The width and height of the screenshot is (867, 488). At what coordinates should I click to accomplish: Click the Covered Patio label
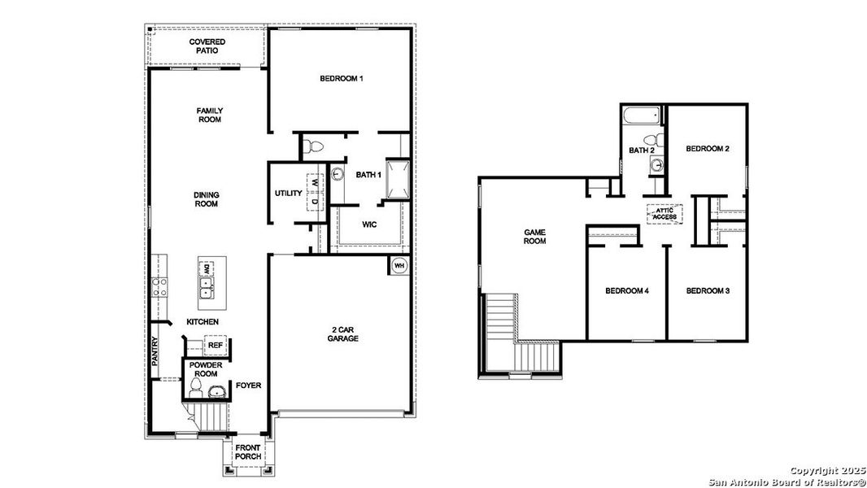207,46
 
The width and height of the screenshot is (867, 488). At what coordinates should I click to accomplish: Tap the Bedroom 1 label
342,79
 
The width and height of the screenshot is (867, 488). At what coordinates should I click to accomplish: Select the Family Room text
209,115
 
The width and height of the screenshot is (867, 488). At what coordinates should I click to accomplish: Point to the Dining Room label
206,199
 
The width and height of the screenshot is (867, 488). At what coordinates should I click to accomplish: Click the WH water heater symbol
399,265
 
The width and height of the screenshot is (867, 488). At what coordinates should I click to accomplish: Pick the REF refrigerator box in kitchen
216,346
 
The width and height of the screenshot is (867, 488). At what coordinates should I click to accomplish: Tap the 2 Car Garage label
343,333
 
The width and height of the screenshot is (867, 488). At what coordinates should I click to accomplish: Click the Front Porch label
248,451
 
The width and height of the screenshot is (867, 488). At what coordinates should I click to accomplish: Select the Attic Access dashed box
664,214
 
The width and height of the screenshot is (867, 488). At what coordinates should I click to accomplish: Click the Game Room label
534,236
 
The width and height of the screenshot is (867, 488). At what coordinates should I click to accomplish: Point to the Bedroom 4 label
626,290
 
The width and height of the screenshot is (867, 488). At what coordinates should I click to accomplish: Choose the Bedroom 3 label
707,290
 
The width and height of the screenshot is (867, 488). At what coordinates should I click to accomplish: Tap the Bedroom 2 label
707,149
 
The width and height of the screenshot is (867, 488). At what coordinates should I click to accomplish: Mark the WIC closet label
368,224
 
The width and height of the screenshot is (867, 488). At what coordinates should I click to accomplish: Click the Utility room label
289,194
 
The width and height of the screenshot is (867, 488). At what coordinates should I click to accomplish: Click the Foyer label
248,385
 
